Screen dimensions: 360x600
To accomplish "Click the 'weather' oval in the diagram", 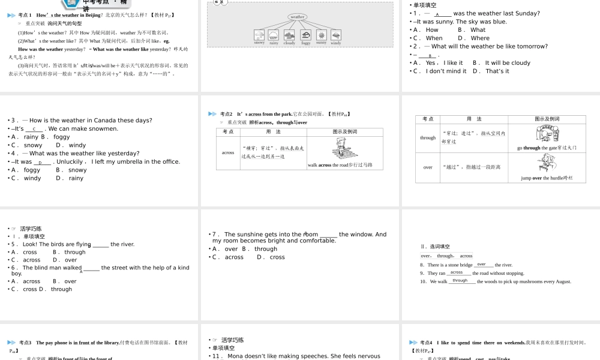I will tap(297, 17).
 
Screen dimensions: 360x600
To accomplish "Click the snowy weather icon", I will tap(259, 35).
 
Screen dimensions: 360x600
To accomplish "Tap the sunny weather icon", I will tap(321, 35).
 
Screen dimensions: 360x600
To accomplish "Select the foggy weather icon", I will tap(305, 35).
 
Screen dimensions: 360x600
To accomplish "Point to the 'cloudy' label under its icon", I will tap(290, 43).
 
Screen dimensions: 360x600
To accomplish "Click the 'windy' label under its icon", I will tap(336, 43).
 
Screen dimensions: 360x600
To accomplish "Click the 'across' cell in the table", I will tap(228, 152).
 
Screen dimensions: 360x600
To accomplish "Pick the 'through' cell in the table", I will tap(428, 137).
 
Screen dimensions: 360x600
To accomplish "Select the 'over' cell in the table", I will tap(428, 167).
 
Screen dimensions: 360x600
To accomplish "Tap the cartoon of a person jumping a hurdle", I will tap(543, 163).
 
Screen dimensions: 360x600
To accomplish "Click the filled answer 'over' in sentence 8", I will tap(481, 264).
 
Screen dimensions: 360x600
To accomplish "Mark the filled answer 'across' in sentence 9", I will tap(457, 272).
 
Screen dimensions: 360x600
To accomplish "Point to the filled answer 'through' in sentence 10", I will tap(460, 281).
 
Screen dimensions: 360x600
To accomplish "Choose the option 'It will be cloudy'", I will tap(508, 62).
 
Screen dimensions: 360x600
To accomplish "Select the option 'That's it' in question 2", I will tap(497, 71).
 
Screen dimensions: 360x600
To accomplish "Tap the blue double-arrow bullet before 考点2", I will tap(212, 114).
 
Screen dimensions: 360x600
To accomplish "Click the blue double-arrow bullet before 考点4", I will tap(413, 343).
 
